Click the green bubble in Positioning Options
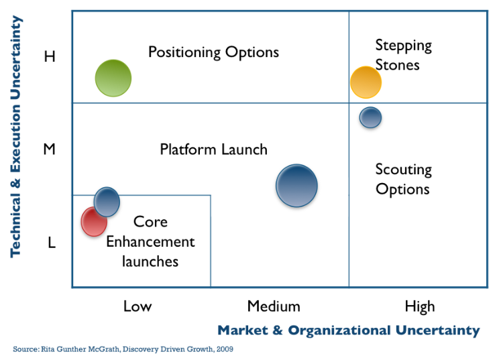[x=113, y=78]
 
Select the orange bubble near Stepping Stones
[x=366, y=82]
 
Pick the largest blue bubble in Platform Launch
[x=296, y=186]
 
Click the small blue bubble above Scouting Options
[x=370, y=117]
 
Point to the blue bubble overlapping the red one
[x=107, y=202]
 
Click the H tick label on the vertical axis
[x=50, y=56]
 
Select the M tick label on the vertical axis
[x=50, y=149]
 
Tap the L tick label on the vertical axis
[x=52, y=243]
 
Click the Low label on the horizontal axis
[x=137, y=306]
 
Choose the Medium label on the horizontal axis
[x=274, y=306]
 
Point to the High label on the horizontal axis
[x=420, y=307]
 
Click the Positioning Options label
[x=214, y=52]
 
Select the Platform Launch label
[x=214, y=149]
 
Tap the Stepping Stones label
[x=403, y=55]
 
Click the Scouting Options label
[x=403, y=180]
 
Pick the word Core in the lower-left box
[x=150, y=222]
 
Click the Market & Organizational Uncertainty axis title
[x=349, y=331]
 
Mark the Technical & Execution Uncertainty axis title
[x=16, y=136]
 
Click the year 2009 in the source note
[x=225, y=349]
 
